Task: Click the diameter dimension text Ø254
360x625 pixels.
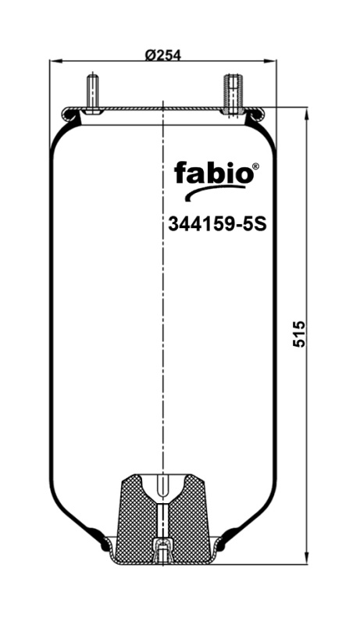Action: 163,55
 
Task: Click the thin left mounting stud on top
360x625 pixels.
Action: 93,92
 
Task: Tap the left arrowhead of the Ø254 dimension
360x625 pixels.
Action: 54,62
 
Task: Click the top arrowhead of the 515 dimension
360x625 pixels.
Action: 305,112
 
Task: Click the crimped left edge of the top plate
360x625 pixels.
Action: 69,116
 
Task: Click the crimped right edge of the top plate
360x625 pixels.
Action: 256,116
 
